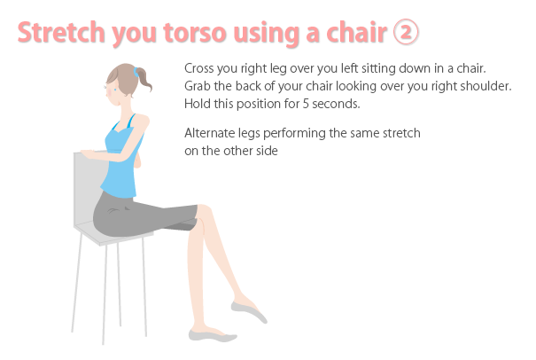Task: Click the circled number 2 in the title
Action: click(406, 32)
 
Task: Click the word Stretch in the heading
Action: click(61, 32)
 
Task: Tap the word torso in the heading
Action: click(195, 33)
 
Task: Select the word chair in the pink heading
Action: click(356, 32)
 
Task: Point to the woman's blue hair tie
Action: click(136, 72)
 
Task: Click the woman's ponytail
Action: click(145, 80)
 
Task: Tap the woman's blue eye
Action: click(115, 90)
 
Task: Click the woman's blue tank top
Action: click(122, 160)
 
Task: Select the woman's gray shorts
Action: click(144, 215)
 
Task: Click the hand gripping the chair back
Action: click(88, 154)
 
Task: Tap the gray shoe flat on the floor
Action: click(213, 335)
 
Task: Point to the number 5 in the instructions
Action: click(306, 104)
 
